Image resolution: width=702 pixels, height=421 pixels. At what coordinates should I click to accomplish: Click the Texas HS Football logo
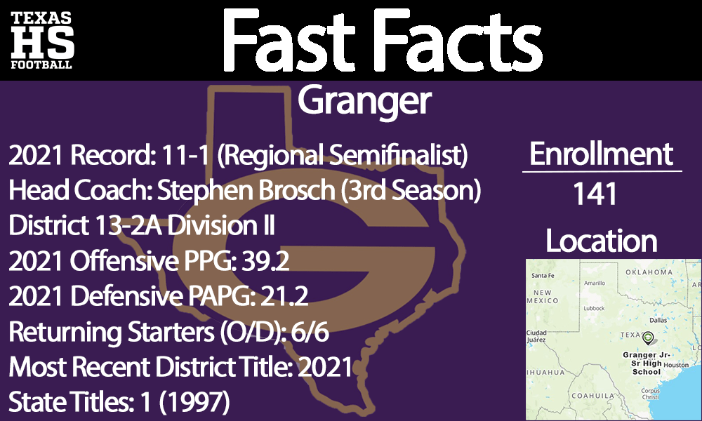tap(41, 40)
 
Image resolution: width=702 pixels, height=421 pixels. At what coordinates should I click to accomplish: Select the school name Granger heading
tap(364, 102)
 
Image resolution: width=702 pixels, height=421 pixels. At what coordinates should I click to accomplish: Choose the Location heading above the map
tap(602, 241)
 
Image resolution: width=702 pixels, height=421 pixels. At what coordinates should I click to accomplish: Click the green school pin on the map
tap(647, 339)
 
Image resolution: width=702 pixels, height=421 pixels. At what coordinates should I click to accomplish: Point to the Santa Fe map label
tap(543, 275)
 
